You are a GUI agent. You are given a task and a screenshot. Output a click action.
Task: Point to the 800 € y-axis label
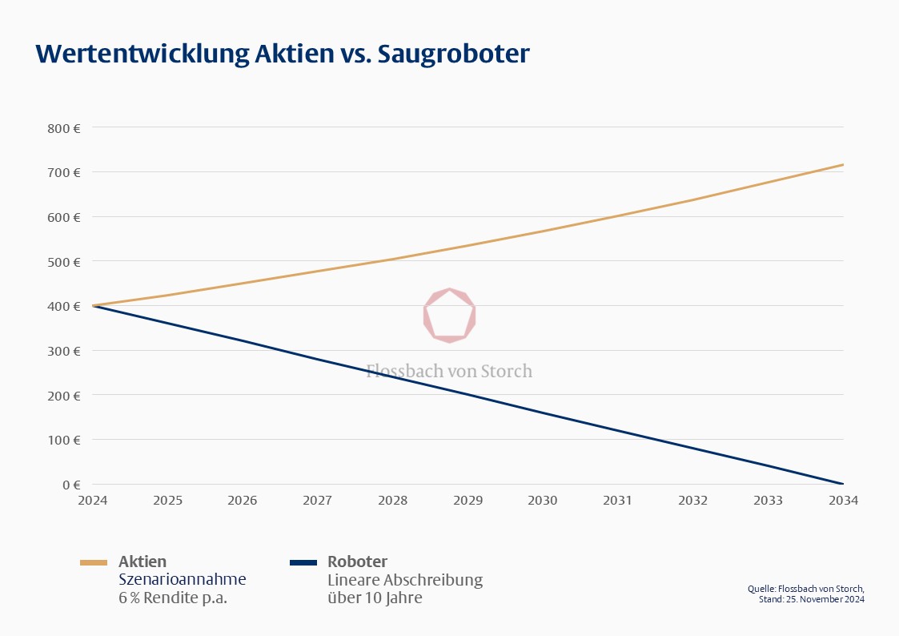(64, 127)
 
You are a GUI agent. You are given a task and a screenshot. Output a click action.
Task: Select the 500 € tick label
(64, 261)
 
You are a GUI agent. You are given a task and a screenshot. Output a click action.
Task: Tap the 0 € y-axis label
(71, 484)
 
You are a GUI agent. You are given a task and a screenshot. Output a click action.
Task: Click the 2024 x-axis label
(93, 500)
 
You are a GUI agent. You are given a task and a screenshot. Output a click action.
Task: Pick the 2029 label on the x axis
(468, 500)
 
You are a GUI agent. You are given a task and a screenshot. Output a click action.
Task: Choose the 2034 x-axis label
(843, 500)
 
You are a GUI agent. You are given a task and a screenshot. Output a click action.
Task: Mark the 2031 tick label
(618, 500)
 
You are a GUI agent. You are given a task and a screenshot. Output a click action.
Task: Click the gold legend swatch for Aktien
(94, 562)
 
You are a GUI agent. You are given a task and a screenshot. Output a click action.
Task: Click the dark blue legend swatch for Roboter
(303, 562)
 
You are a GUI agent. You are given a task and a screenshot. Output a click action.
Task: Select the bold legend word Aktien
(142, 562)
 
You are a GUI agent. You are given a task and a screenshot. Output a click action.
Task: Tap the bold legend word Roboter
(357, 562)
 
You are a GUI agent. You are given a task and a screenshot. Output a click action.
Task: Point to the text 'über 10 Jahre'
(375, 598)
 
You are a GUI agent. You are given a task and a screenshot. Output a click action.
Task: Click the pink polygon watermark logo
(449, 316)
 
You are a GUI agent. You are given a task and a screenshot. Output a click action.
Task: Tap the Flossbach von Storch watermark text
(449, 371)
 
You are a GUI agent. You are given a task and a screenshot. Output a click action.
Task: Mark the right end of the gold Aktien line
(843, 165)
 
